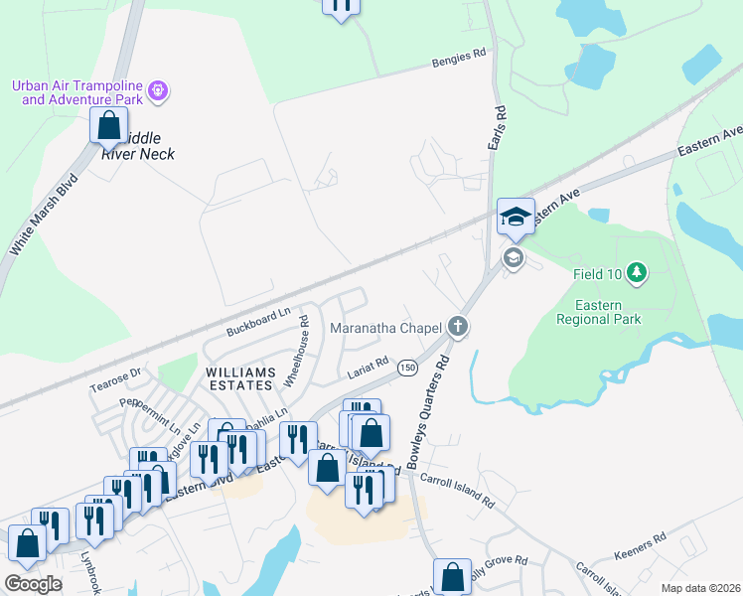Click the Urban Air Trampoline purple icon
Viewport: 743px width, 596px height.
click(x=158, y=92)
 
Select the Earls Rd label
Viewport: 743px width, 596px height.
click(x=497, y=128)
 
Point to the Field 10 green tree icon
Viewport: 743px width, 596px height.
click(x=636, y=272)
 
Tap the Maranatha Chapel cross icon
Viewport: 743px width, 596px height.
click(x=457, y=326)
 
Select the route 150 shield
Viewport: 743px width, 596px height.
click(x=407, y=368)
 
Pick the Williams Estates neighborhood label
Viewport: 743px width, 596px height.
click(x=238, y=377)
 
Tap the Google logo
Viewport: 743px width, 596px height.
click(x=33, y=584)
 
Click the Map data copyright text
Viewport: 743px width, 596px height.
click(x=700, y=588)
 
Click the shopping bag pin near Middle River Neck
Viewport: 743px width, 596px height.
click(x=109, y=126)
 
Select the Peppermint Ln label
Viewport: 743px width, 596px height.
click(x=150, y=414)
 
